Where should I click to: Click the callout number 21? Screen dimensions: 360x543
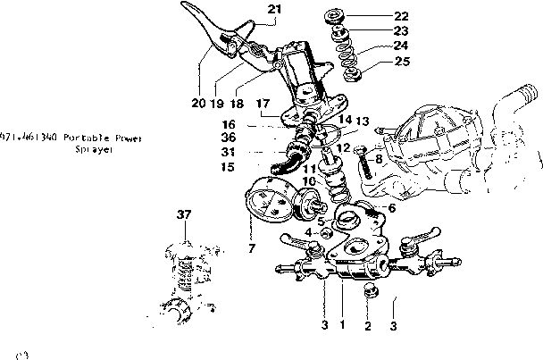pos(274,10)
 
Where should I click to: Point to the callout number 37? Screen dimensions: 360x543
pos(184,214)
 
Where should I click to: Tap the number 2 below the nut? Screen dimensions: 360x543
pos(367,325)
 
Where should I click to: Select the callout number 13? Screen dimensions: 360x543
pos(362,121)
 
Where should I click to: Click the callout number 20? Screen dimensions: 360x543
pos(197,103)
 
